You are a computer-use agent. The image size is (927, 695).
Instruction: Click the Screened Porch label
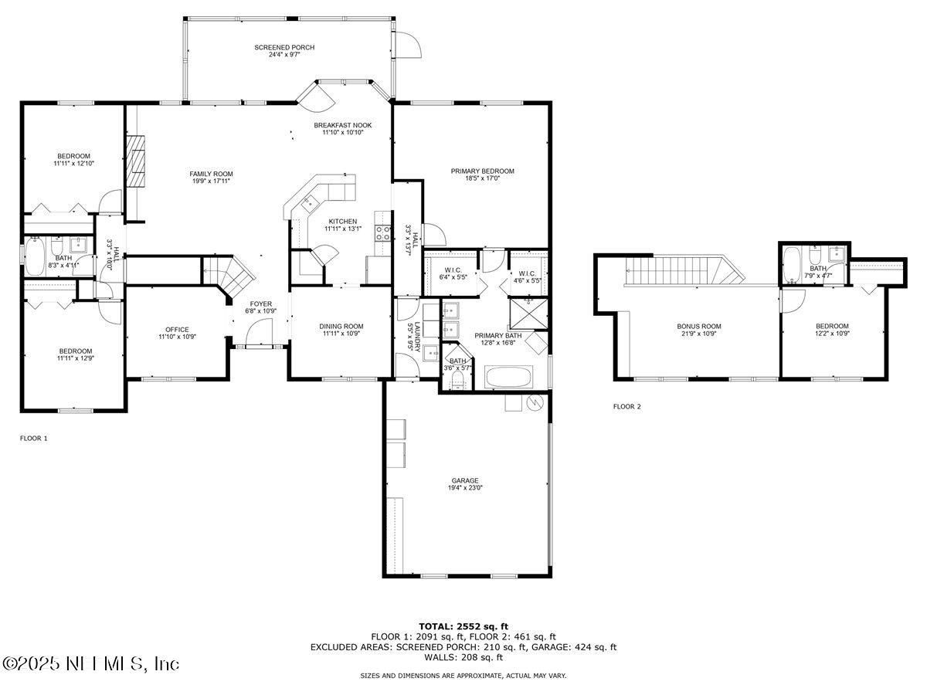tap(284, 48)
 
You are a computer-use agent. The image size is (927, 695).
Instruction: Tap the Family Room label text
tap(211, 174)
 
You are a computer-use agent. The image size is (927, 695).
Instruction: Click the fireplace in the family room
tap(136, 161)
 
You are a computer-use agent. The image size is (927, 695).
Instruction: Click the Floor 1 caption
tap(33, 438)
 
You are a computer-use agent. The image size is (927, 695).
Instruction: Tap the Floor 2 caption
tap(626, 406)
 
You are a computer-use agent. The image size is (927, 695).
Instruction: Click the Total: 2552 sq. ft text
tap(463, 626)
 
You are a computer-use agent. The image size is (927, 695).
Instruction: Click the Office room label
tap(177, 330)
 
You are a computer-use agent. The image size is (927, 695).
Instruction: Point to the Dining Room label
tap(341, 327)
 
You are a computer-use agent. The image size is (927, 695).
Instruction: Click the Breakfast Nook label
tap(342, 125)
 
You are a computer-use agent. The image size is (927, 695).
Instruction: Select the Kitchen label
tap(342, 222)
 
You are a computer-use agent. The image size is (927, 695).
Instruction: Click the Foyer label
tap(260, 304)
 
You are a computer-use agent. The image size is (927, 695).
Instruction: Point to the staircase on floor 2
tap(680, 271)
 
